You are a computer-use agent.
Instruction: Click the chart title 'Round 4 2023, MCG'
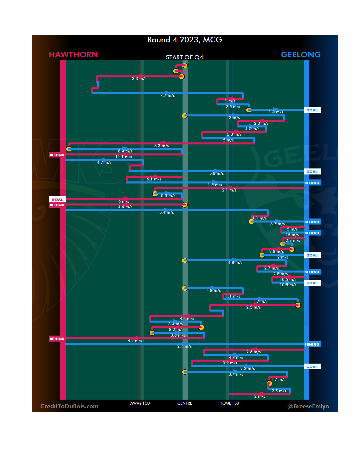tap(185, 40)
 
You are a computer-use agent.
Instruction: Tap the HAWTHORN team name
tap(73, 55)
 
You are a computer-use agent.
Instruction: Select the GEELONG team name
tap(301, 55)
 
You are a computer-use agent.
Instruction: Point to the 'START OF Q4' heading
tap(185, 57)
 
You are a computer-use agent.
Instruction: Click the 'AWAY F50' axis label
tap(140, 403)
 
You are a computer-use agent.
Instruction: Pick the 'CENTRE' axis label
tap(185, 403)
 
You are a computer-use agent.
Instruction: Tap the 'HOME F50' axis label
tap(229, 403)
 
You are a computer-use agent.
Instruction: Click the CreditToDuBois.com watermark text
tap(69, 406)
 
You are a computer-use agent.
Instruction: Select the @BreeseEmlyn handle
tap(308, 406)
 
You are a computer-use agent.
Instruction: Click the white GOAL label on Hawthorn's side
tap(57, 199)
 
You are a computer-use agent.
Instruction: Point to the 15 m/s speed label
tap(292, 235)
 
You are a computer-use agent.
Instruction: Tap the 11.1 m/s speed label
tap(124, 157)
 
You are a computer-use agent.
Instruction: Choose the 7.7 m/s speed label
tap(167, 95)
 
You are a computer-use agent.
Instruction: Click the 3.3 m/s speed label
tap(139, 79)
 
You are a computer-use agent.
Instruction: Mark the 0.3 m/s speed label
tap(168, 196)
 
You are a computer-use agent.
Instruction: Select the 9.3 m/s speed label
tap(247, 369)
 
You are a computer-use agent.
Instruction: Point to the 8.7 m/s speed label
tap(277, 224)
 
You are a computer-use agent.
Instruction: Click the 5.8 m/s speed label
tap(216, 173)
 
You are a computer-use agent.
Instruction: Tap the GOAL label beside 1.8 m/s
tap(312, 110)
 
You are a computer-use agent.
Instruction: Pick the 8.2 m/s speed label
tap(176, 330)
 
